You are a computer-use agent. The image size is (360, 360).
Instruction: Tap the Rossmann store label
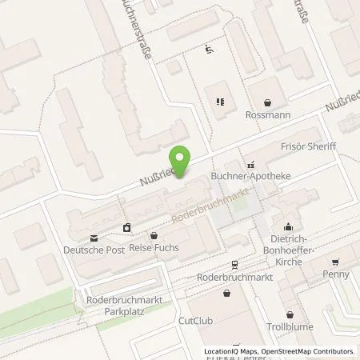coord(267,115)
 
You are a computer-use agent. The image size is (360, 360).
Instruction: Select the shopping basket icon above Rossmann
coord(267,102)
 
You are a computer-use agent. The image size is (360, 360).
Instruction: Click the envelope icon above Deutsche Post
coord(95,237)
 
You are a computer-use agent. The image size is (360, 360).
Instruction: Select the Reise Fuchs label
coord(154,248)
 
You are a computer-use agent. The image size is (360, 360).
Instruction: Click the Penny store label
coord(337,274)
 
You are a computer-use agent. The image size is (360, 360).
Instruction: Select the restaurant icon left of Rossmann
coord(218,102)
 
